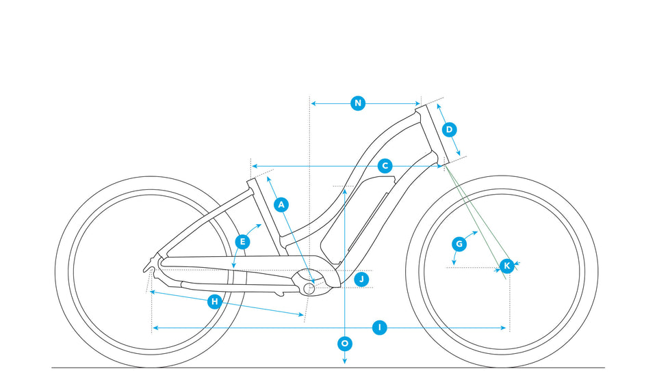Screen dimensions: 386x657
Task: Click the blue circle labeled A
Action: point(281,204)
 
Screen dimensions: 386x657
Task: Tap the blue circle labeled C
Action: point(385,166)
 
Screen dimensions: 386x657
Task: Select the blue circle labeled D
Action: point(449,129)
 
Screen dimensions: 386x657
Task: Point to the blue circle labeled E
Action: point(242,241)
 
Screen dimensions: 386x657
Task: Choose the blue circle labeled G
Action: point(459,243)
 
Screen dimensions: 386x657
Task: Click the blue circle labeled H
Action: point(214,301)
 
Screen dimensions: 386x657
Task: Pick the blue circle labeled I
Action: point(381,328)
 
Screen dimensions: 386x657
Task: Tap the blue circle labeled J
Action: point(362,279)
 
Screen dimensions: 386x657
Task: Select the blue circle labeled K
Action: point(506,265)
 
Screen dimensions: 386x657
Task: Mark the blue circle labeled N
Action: point(357,103)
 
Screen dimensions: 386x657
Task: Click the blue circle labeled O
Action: point(344,343)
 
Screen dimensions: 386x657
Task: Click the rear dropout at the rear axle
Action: point(152,263)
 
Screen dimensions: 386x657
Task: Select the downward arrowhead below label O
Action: point(344,361)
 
